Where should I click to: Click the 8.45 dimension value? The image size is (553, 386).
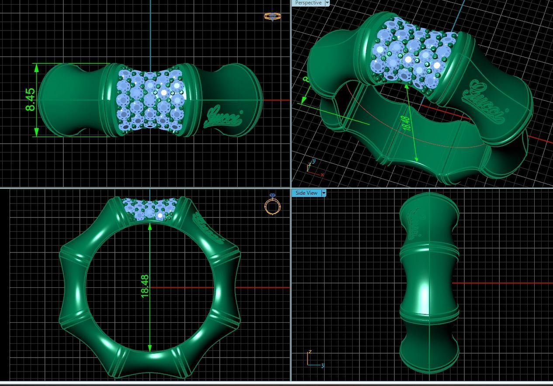30,100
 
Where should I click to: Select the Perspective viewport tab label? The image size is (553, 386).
308,3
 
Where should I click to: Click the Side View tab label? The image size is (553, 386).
306,193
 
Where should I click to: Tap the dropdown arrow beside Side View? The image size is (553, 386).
324,193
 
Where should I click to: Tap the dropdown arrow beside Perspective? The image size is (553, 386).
327,3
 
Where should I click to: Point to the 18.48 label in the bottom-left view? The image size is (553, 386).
145,286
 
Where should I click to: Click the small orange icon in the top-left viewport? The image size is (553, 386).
272,17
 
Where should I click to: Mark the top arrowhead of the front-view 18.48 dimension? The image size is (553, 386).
150,227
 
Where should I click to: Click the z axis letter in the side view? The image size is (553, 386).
310,352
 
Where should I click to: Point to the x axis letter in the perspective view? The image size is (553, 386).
322,175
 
